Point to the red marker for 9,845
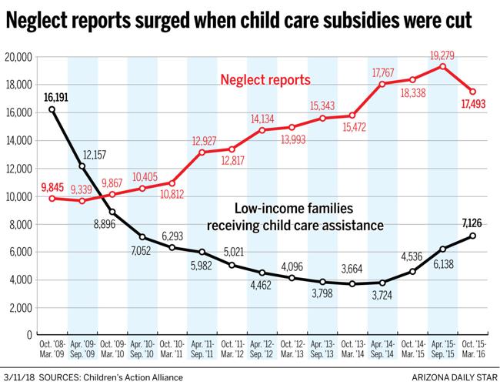pyautogui.click(x=52, y=198)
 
